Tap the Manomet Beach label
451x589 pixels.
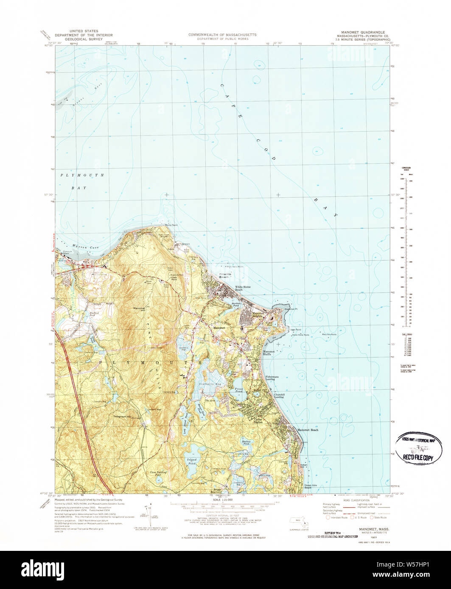click(x=308, y=430)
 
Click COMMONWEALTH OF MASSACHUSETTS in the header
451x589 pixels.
click(x=222, y=34)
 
